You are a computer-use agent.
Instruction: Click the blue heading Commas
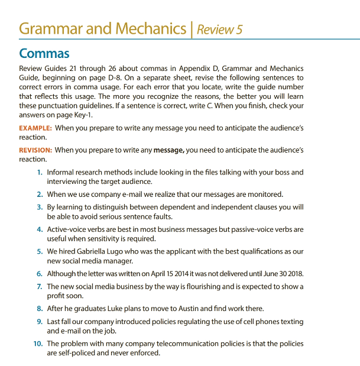point(44,53)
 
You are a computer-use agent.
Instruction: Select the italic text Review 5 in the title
point(220,28)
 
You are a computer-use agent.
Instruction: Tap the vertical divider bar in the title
point(191,28)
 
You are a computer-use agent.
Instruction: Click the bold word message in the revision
point(170,151)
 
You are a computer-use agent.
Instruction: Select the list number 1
point(39,173)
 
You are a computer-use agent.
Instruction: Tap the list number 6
point(39,274)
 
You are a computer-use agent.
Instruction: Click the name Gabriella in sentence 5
point(95,251)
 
